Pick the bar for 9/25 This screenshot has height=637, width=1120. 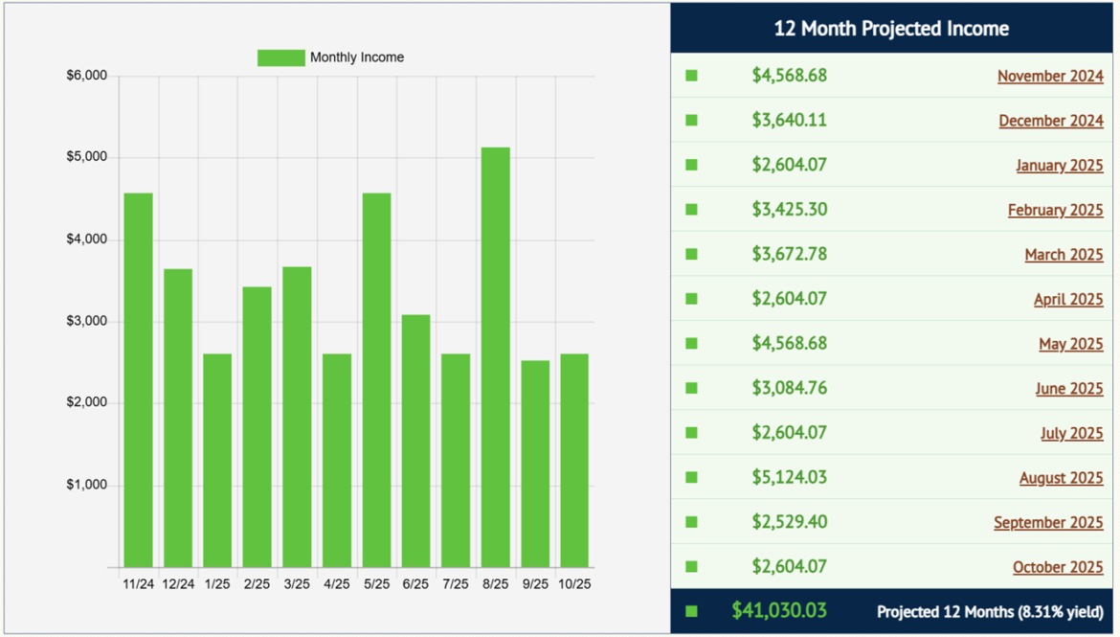pos(535,464)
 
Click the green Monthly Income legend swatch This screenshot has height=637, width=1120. pos(280,57)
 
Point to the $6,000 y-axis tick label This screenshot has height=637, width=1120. pos(86,76)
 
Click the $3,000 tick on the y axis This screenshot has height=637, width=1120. pos(86,322)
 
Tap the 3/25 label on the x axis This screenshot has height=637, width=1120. pos(297,583)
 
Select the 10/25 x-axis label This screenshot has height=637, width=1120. pos(574,583)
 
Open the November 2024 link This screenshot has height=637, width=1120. pos(1050,77)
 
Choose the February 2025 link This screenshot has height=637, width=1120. pos(1055,211)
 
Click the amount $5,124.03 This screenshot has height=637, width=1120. pos(789,477)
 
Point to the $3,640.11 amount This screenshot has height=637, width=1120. pos(789,120)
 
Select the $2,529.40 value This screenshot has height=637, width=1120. pos(789,522)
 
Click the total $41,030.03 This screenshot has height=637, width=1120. pos(779,610)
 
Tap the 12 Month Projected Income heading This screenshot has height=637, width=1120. pos(891,29)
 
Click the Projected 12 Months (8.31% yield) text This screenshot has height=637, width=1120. pos(990,611)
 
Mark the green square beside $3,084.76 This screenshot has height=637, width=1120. pos(691,388)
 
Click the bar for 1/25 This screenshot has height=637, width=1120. pos(217,460)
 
